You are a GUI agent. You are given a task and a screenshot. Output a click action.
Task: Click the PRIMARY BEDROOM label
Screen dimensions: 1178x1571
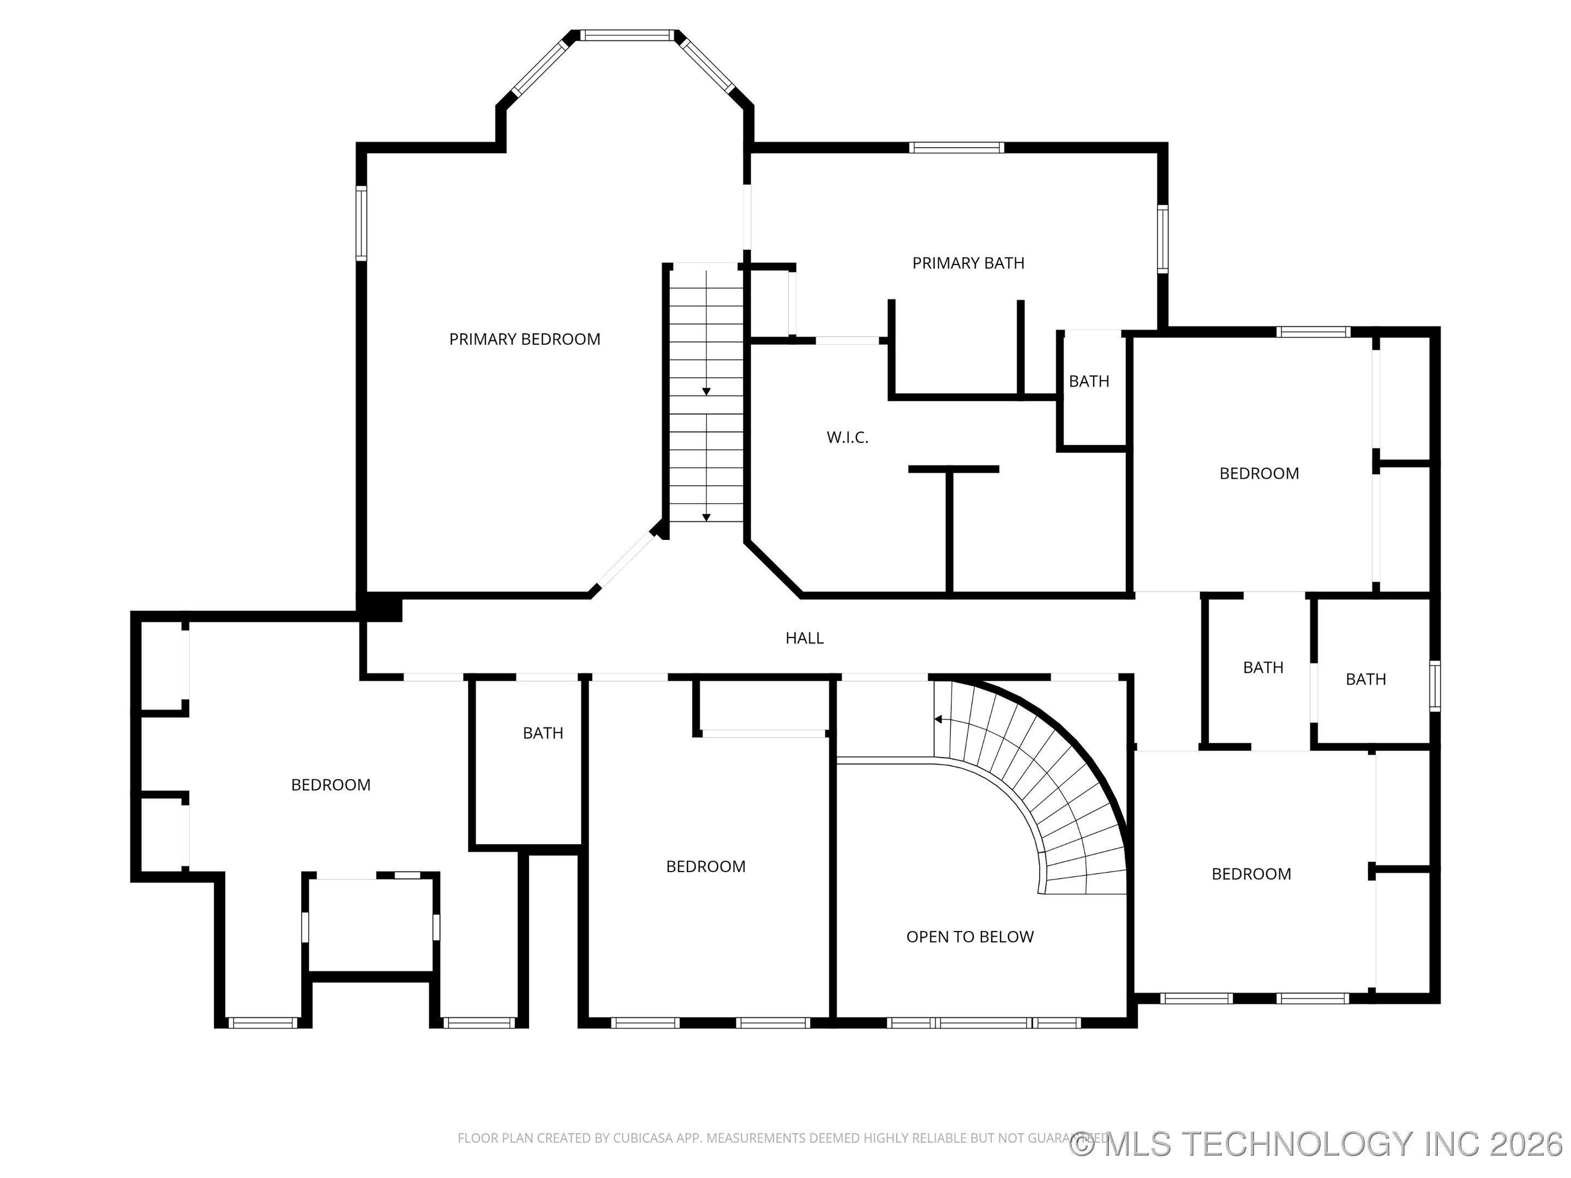click(x=524, y=339)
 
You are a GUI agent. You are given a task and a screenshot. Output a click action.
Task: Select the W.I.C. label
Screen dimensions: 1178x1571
click(x=847, y=437)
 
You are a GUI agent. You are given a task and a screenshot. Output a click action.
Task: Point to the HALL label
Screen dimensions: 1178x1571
click(x=804, y=638)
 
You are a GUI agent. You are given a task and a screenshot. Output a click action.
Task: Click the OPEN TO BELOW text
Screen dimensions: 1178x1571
click(x=969, y=936)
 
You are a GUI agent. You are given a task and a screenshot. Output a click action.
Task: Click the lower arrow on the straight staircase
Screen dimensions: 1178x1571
click(x=706, y=518)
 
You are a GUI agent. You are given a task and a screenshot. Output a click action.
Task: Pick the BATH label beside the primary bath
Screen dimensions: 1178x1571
click(x=1089, y=381)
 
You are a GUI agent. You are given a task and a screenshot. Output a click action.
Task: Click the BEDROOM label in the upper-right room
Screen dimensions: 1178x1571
click(x=1258, y=473)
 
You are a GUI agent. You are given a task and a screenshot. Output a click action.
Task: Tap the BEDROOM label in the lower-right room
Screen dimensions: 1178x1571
click(x=1251, y=874)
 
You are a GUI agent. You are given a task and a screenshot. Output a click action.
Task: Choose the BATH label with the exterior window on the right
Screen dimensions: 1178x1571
click(x=1365, y=680)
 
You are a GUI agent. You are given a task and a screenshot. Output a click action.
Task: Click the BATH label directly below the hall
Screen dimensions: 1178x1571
click(x=543, y=733)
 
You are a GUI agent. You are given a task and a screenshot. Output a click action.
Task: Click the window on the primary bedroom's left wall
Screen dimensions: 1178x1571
click(x=361, y=223)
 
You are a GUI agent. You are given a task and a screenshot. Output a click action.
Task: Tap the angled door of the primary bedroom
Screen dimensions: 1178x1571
click(x=623, y=562)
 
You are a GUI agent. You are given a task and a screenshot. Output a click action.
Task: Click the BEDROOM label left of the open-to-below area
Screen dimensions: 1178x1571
click(x=705, y=866)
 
